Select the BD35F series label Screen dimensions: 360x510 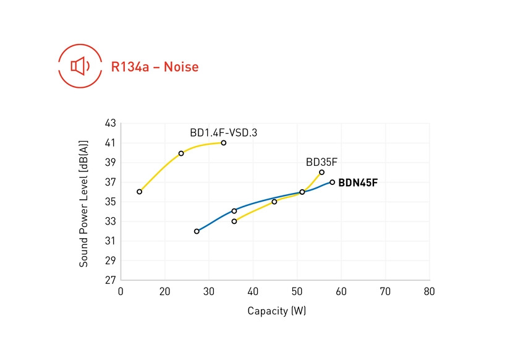(321, 162)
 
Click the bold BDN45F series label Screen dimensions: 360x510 (357, 182)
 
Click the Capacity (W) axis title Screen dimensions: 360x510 (276, 311)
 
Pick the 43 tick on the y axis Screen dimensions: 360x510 (111, 123)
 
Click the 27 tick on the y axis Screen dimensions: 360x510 (111, 280)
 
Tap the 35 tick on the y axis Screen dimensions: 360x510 (111, 202)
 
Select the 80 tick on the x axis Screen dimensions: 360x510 (429, 291)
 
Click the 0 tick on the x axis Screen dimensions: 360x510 (121, 291)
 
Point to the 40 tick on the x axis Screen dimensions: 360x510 (253, 291)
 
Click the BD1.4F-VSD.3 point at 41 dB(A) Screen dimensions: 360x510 (223, 143)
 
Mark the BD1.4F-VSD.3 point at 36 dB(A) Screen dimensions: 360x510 (140, 192)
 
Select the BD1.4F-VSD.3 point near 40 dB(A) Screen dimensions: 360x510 (181, 153)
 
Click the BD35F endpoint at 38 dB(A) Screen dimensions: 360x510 (321, 172)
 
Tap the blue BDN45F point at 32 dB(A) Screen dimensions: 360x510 (197, 231)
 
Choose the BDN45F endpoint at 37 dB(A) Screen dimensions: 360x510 (332, 182)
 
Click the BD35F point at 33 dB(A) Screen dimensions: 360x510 (234, 221)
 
